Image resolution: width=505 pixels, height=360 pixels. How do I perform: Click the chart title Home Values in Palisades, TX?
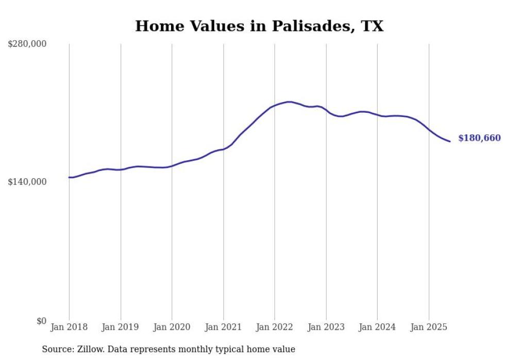pyautogui.click(x=259, y=26)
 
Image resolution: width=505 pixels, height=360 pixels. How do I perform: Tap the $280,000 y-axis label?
pyautogui.click(x=27, y=44)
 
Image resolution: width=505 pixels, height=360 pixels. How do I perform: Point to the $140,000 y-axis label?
pyautogui.click(x=27, y=182)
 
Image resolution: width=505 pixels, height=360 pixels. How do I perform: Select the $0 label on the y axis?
pyautogui.click(x=41, y=321)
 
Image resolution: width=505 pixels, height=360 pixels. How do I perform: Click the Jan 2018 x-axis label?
pyautogui.click(x=69, y=327)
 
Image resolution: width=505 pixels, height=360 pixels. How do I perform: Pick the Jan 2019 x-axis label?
pyautogui.click(x=121, y=327)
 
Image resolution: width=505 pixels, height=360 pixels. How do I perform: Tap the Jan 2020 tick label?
pyautogui.click(x=172, y=327)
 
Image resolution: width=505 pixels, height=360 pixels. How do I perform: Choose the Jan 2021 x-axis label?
pyautogui.click(x=223, y=327)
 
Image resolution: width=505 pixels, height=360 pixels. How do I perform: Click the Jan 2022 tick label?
pyautogui.click(x=275, y=327)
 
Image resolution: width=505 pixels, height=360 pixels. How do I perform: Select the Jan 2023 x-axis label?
pyautogui.click(x=326, y=327)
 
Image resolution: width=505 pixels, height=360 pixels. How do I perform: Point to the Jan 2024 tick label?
pyautogui.click(x=377, y=327)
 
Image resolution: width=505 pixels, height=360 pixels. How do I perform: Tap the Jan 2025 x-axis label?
pyautogui.click(x=429, y=327)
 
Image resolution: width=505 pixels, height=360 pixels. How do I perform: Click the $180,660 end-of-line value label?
pyautogui.click(x=479, y=138)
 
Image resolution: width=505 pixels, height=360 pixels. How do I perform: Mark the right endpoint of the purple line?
pyautogui.click(x=450, y=142)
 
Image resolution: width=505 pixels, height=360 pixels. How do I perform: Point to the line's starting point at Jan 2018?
pyautogui.click(x=69, y=177)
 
